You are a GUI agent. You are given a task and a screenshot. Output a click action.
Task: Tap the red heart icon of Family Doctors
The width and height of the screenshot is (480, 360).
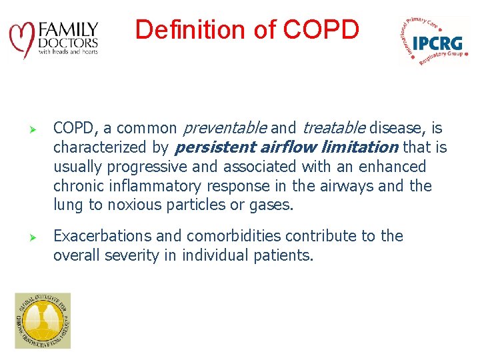pos(22,39)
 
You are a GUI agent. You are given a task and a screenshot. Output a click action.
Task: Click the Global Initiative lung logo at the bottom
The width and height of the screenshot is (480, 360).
pos(42,321)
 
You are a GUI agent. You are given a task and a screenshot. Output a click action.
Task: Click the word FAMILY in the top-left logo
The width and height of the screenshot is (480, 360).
pos(69,30)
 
